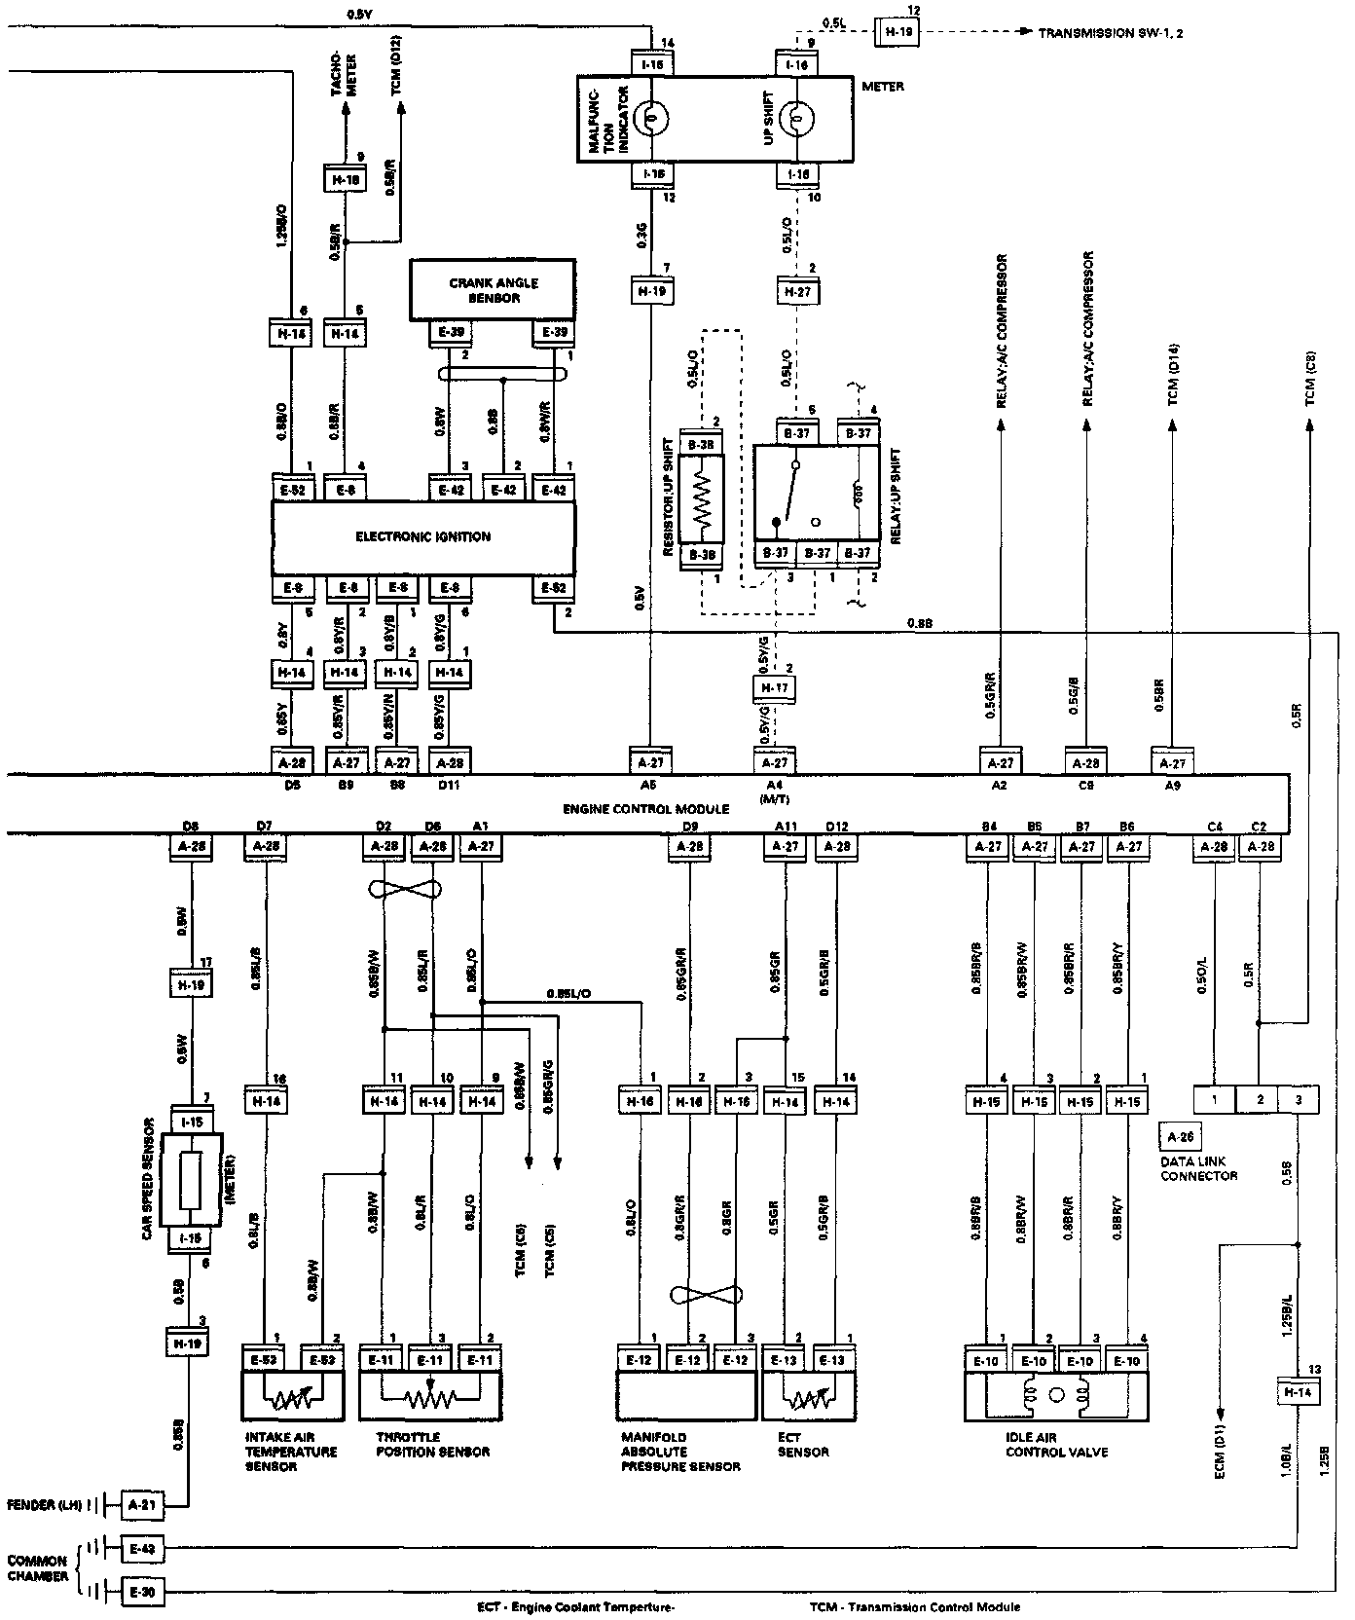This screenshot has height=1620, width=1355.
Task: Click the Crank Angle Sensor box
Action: (493, 289)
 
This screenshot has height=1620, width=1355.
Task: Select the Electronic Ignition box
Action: (422, 536)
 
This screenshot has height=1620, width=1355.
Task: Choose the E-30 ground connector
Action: (143, 1593)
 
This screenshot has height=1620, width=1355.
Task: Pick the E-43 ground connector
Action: (143, 1548)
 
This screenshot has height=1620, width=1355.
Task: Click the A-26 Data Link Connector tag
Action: (1180, 1135)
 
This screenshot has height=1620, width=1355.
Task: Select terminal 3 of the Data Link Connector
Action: (1298, 1100)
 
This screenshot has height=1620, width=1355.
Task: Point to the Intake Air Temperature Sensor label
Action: (290, 1452)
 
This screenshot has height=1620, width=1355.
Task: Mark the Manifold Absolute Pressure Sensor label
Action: (680, 1452)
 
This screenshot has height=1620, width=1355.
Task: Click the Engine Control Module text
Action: (645, 809)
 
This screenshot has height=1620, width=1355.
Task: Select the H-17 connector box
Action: (775, 688)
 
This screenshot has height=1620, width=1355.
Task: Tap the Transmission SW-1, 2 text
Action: (1110, 33)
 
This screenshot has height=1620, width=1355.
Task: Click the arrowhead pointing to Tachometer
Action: (344, 110)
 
